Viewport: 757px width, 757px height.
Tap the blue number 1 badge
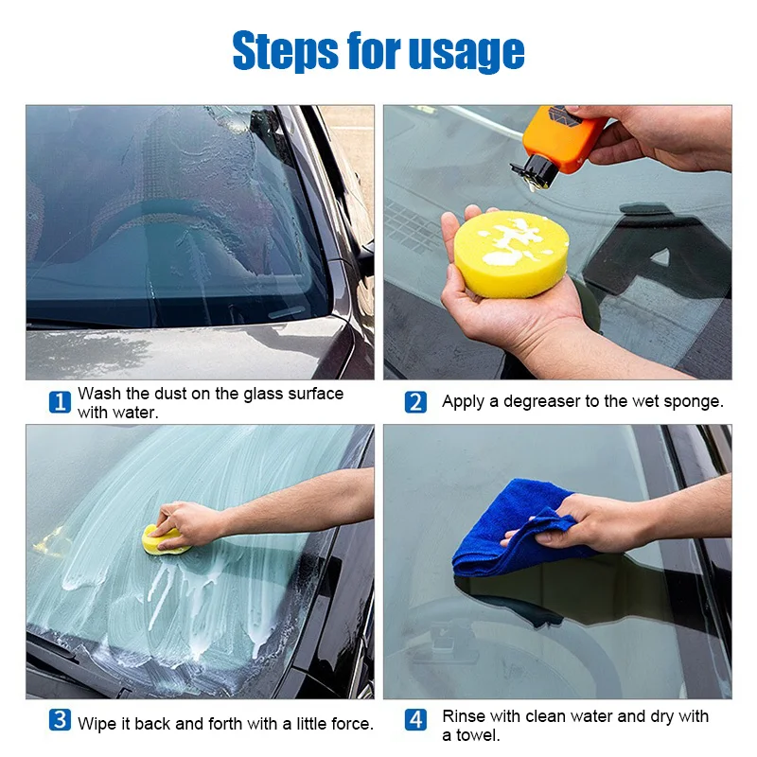pyautogui.click(x=60, y=402)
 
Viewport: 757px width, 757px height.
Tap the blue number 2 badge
pyautogui.click(x=415, y=402)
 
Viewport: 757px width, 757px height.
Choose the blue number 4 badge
pyautogui.click(x=415, y=720)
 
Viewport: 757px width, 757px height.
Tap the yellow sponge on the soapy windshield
pyautogui.click(x=163, y=540)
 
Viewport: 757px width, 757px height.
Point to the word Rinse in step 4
pyautogui.click(x=463, y=715)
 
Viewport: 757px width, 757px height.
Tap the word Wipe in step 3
pyautogui.click(x=97, y=724)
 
